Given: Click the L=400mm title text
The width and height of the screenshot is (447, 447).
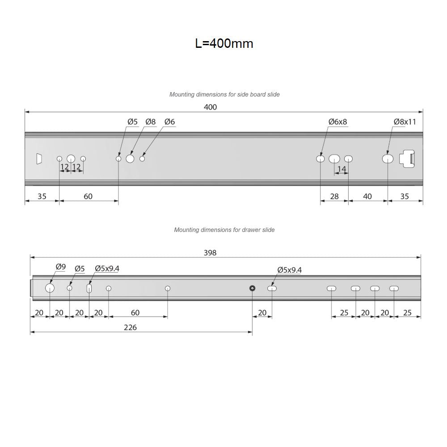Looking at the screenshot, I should [x=224, y=43].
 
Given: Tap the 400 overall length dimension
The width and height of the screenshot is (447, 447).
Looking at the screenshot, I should [x=210, y=107].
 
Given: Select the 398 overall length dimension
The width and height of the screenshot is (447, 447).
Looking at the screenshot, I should [x=210, y=253].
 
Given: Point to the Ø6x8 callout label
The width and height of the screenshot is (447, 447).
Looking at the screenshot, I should [x=337, y=122].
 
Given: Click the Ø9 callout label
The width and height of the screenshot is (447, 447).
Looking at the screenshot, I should [x=60, y=267].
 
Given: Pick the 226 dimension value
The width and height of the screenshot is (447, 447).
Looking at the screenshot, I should [x=130, y=327].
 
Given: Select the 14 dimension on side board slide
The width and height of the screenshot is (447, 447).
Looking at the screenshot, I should [x=342, y=169].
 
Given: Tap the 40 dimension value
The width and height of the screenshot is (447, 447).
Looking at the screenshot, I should [x=367, y=196].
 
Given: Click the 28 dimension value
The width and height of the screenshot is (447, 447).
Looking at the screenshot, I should [x=334, y=196].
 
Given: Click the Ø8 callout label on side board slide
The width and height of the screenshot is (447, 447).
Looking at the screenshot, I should [x=150, y=122].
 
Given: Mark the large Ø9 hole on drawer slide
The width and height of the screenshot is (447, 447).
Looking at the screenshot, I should [x=50, y=288].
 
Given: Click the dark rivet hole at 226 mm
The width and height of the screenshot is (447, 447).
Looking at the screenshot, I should [x=253, y=288].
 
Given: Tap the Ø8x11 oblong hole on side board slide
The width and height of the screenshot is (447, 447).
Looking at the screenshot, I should [x=388, y=159].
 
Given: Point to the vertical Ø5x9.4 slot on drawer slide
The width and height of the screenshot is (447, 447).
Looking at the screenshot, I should [x=89, y=289].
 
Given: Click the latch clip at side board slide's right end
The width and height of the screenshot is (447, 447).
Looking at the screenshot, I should [x=409, y=159].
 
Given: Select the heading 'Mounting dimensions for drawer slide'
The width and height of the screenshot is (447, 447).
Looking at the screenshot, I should [x=224, y=230].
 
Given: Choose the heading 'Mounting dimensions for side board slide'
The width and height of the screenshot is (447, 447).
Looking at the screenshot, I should [x=224, y=94].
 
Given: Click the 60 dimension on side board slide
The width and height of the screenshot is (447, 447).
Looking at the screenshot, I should [x=88, y=196].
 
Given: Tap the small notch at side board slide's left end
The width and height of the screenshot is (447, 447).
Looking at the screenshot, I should [x=39, y=159].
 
